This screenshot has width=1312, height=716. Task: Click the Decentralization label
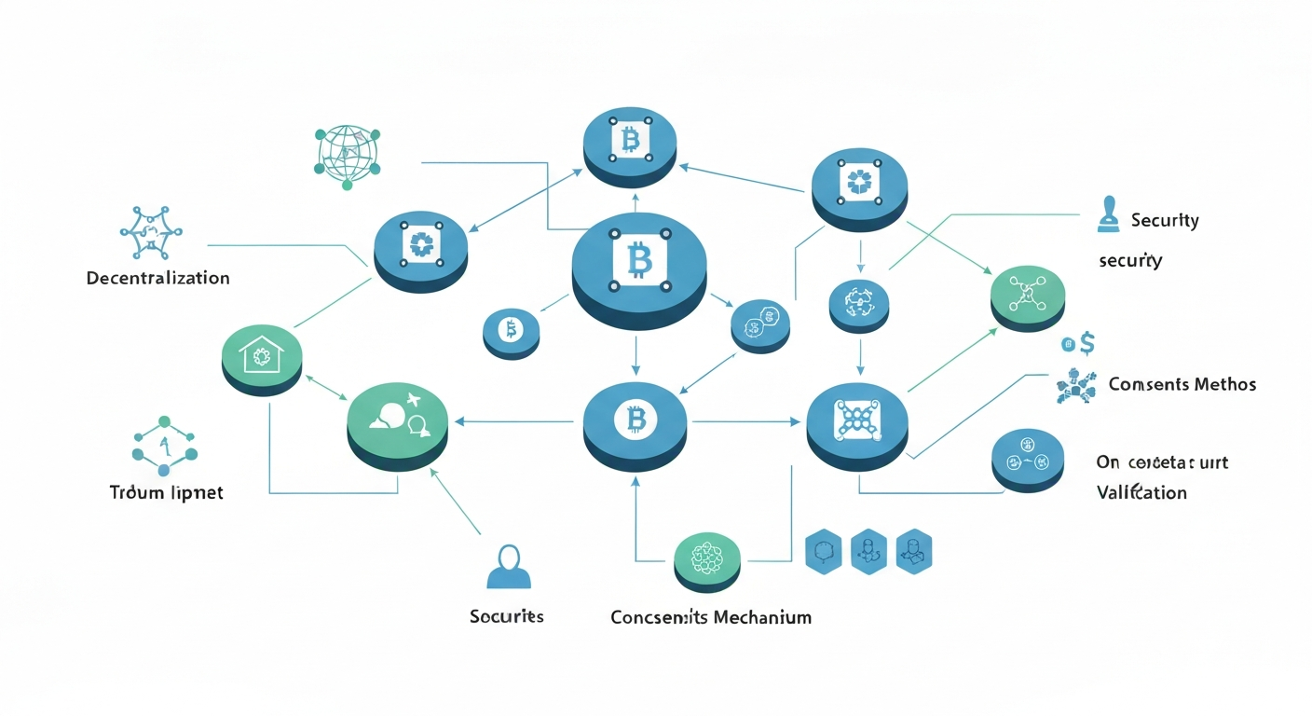157,278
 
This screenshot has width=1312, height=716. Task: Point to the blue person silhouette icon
509,566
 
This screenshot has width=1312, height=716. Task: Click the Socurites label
507,616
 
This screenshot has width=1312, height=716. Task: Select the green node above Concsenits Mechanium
706,559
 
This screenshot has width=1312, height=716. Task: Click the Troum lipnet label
166,492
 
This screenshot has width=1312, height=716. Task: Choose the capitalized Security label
1164,221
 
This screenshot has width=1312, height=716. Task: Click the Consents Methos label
1182,384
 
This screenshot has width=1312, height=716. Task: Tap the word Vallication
1141,492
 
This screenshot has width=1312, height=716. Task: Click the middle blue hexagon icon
868,552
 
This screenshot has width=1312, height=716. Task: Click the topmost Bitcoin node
629,144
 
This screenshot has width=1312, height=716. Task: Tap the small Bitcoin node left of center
511,331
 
